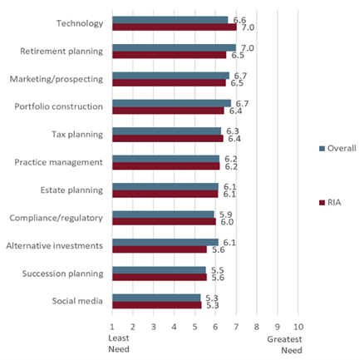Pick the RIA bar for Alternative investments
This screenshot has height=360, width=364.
[x=159, y=249]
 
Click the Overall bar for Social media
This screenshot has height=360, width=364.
[x=156, y=298]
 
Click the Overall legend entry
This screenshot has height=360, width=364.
[x=337, y=148]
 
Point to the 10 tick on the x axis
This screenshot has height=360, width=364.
[x=298, y=327]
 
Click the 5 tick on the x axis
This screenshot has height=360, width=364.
[x=194, y=327]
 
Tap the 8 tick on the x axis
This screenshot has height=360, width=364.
[x=257, y=327]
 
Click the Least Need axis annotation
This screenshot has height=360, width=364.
[x=119, y=344]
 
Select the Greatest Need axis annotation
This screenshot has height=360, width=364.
[x=285, y=344]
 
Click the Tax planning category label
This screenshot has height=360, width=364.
[x=76, y=135]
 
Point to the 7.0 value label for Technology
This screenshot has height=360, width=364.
[x=248, y=27]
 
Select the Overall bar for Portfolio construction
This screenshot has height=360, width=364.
[x=171, y=103]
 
